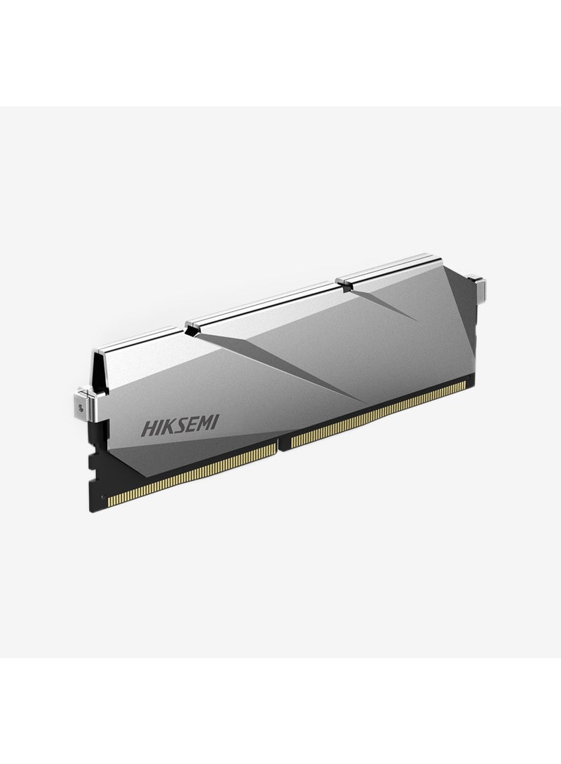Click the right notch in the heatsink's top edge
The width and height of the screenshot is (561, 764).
(x=341, y=282)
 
